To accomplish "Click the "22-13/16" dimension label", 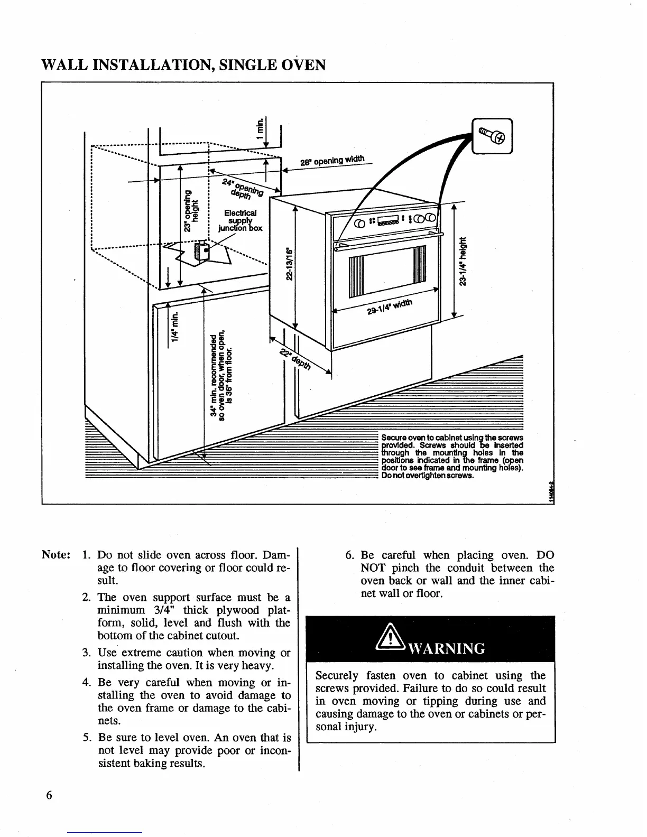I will click(289, 264).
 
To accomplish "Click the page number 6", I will click(49, 795).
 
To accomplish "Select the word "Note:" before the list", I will click(56, 555).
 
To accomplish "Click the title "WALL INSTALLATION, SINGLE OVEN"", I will click(183, 65).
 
